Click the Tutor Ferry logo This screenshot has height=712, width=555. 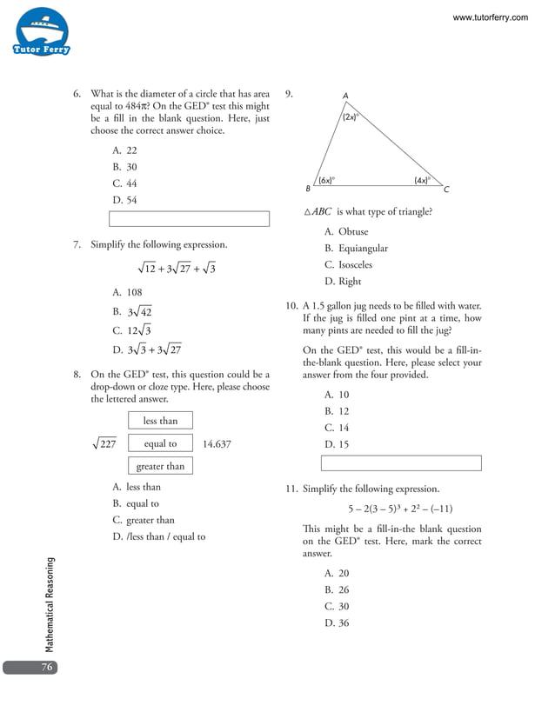coord(41,32)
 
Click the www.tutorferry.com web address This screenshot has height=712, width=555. coord(491,17)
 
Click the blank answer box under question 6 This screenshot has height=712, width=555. coord(189,219)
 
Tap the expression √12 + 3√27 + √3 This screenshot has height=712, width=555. coord(177,269)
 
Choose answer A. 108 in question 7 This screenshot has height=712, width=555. coord(127,293)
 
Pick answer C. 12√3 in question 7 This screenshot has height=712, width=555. coord(131,330)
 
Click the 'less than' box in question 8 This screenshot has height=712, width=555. coord(160,421)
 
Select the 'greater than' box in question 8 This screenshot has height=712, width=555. coord(160,466)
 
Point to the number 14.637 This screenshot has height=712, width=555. coord(217,443)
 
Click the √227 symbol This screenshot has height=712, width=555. coord(104,443)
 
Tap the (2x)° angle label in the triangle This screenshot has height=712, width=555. coord(350,116)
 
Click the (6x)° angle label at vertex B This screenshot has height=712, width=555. coord(326,180)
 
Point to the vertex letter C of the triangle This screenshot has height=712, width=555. coord(446,190)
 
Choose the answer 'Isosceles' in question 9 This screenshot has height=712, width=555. coord(348,264)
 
